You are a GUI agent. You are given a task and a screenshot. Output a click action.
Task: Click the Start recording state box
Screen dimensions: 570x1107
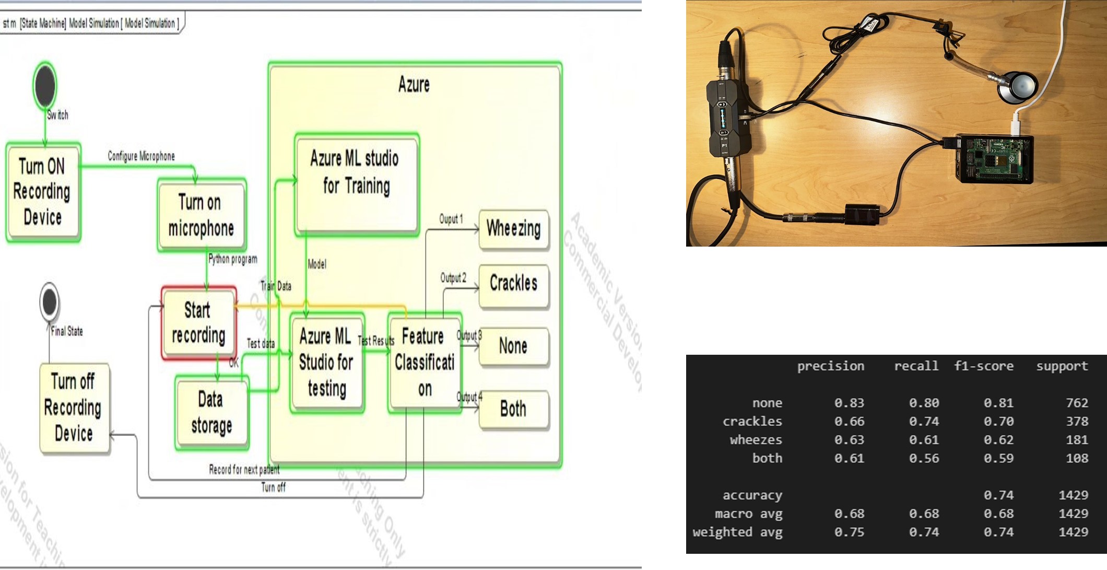pyautogui.click(x=198, y=323)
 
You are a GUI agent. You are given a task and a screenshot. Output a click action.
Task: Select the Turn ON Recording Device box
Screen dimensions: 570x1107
pyautogui.click(x=43, y=192)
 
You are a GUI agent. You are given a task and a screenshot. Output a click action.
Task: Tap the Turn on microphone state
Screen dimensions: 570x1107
pyautogui.click(x=201, y=215)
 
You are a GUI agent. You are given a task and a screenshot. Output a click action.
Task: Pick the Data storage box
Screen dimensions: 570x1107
pyautogui.click(x=211, y=413)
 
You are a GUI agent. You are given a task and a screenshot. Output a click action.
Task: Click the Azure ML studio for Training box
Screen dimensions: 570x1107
pyautogui.click(x=357, y=183)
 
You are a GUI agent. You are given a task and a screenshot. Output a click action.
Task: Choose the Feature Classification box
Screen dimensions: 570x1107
pyautogui.click(x=424, y=362)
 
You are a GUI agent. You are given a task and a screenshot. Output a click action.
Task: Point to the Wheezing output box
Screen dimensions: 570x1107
pyautogui.click(x=514, y=229)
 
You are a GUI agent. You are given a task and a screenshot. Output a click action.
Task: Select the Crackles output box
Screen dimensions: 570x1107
pyautogui.click(x=514, y=284)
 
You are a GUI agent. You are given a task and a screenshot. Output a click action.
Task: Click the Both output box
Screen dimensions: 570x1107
pyautogui.click(x=514, y=409)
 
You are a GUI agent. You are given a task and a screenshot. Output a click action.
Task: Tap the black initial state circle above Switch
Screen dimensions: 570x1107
pyautogui.click(x=45, y=85)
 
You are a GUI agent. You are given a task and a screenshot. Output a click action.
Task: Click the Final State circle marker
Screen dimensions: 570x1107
pyautogui.click(x=50, y=301)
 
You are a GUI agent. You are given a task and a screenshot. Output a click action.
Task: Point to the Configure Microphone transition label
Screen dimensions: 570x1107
pyautogui.click(x=141, y=156)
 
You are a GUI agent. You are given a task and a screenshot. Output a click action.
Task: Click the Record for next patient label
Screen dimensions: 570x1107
pyautogui.click(x=244, y=469)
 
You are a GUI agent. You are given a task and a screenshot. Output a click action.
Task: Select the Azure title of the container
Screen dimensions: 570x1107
pyautogui.click(x=414, y=84)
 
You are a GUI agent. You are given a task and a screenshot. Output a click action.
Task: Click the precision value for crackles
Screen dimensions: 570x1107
pyautogui.click(x=849, y=421)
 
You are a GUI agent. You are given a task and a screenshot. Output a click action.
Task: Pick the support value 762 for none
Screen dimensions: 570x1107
pyautogui.click(x=1077, y=403)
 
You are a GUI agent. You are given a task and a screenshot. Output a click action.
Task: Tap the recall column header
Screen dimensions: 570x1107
pyautogui.click(x=916, y=366)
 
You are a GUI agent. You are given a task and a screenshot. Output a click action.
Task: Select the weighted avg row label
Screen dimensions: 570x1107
pyautogui.click(x=737, y=532)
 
